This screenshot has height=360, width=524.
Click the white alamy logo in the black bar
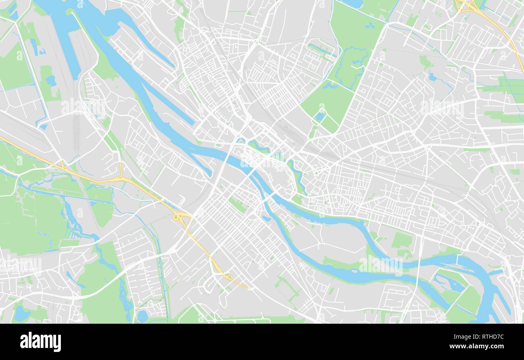click(x=40, y=342)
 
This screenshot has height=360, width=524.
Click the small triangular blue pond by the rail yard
click(x=51, y=81)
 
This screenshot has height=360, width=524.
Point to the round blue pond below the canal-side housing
click(x=143, y=316)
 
